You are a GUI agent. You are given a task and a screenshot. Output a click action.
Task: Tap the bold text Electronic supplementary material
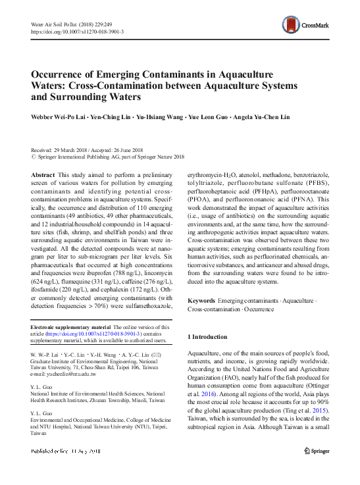tap(70, 327)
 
